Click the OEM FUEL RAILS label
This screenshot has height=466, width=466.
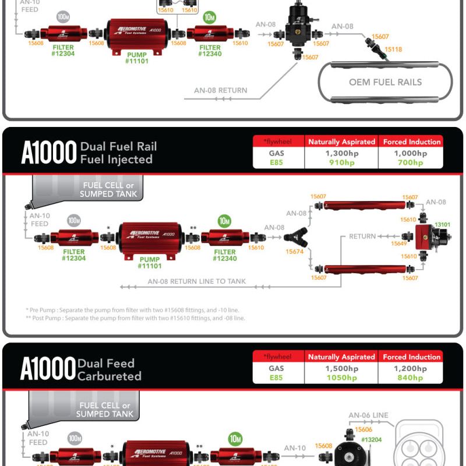385,82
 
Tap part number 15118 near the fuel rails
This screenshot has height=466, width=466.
393,50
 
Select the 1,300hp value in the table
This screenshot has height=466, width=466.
341,153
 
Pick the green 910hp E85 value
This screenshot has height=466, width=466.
341,163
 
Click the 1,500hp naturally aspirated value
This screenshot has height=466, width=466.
341,369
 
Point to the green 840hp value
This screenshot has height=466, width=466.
411,378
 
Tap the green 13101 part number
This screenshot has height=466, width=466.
443,224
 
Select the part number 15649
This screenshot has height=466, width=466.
399,243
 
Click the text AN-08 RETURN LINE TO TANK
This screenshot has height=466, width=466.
196,281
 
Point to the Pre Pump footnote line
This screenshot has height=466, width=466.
132,310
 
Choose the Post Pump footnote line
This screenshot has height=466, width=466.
136,318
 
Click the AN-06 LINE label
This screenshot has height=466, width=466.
368,415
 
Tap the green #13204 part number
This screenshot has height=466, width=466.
371,440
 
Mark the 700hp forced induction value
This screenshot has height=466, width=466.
411,163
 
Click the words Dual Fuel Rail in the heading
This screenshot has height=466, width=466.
118,146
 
